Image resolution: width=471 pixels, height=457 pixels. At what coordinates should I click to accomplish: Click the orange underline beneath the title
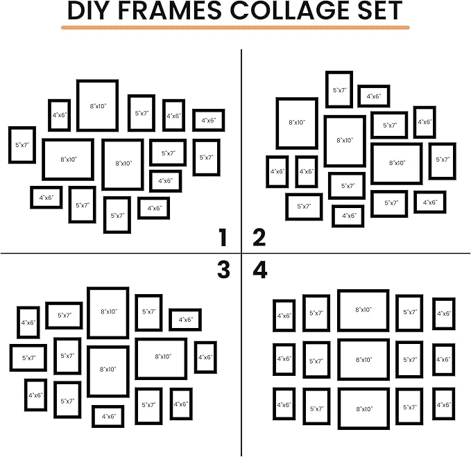(x=235, y=28)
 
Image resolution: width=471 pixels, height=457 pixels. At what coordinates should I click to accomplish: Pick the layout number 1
(x=222, y=239)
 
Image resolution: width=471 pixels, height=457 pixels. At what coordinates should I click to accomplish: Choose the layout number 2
(x=259, y=239)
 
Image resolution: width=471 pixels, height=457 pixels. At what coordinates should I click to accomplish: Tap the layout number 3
(x=223, y=270)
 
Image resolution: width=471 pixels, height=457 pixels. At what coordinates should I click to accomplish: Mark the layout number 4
(x=260, y=270)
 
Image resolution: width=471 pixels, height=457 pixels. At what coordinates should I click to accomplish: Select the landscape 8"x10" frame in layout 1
(x=68, y=159)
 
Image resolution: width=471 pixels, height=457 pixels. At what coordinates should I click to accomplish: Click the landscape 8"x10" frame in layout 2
(x=396, y=164)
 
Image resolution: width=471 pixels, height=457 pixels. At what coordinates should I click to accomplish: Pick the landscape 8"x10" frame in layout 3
(x=161, y=357)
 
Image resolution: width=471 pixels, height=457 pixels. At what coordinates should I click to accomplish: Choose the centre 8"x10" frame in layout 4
(x=363, y=359)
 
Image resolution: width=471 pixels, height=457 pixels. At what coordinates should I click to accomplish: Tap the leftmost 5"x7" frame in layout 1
(x=22, y=145)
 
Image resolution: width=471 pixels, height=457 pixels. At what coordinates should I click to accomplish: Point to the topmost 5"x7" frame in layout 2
(x=339, y=89)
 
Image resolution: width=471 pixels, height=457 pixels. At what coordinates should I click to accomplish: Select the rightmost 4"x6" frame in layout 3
(x=205, y=357)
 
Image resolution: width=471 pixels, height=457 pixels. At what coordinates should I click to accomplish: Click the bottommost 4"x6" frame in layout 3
(x=108, y=416)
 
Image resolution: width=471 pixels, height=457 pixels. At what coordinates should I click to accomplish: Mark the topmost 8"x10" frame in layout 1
(x=97, y=105)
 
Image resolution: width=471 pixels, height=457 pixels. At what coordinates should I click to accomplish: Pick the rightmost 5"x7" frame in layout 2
(x=443, y=160)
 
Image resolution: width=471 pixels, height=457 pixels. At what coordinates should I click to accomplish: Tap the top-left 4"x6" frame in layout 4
(x=284, y=316)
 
